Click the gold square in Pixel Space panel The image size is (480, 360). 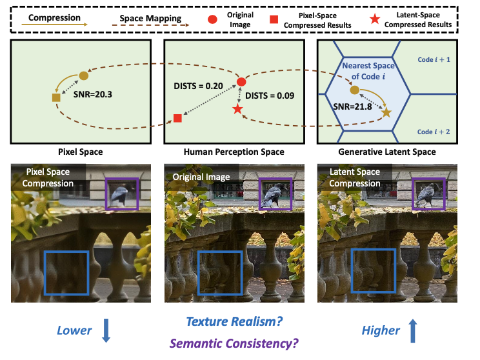pos(56,97)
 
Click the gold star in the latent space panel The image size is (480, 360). pos(386,113)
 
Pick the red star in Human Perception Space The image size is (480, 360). pos(237,110)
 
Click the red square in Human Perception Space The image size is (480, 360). pos(177,119)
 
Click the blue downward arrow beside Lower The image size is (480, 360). pos(106,331)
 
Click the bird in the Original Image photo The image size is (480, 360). pos(272,193)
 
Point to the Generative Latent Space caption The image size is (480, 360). pos(386,152)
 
